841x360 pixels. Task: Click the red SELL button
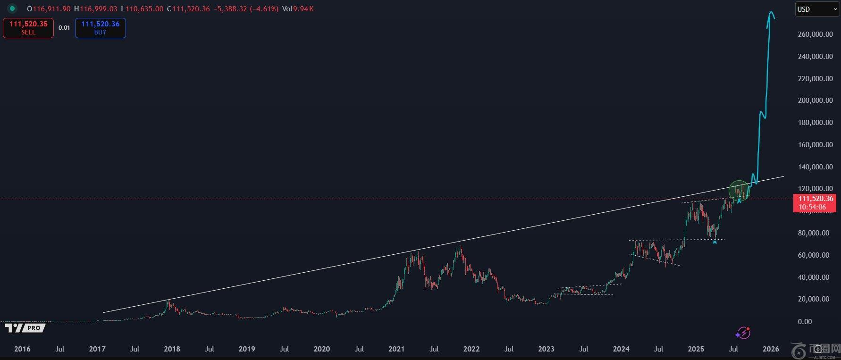tap(28, 28)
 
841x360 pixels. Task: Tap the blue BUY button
tap(100, 28)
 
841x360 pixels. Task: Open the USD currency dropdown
tap(816, 9)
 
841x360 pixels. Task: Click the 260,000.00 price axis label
tap(815, 34)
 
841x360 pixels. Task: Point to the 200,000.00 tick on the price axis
tap(815, 100)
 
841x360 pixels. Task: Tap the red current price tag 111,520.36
tap(816, 202)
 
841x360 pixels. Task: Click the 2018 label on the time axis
tap(172, 349)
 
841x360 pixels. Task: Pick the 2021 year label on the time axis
tap(396, 349)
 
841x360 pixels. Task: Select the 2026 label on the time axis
tap(771, 349)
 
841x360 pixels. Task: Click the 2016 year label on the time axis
tap(22, 349)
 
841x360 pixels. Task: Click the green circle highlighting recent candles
tap(739, 191)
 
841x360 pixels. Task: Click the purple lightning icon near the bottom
tap(743, 333)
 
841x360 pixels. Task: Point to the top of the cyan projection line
tap(772, 13)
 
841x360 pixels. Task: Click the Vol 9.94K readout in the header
tap(298, 9)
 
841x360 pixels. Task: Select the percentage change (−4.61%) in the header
tap(263, 9)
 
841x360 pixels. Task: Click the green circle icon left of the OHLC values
tap(12, 8)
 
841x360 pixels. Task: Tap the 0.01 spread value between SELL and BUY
tap(64, 28)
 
